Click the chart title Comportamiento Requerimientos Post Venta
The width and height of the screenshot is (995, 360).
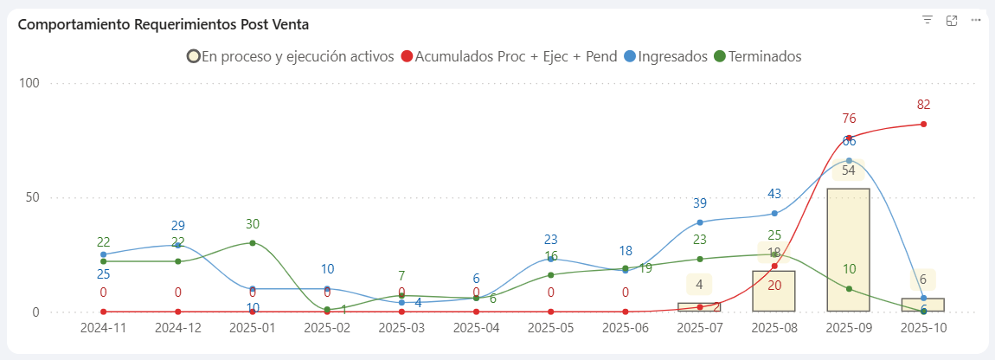(x=164, y=24)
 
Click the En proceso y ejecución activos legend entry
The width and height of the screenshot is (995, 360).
(x=291, y=56)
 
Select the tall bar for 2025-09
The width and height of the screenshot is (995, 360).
(x=849, y=251)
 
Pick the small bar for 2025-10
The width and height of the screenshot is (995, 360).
(x=923, y=305)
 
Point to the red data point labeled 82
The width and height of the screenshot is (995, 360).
(x=923, y=124)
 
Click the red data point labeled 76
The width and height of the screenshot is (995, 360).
(x=849, y=138)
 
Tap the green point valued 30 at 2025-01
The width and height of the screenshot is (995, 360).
(x=253, y=243)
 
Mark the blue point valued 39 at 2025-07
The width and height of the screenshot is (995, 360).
(x=700, y=222)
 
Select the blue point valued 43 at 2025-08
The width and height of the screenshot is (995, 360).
(x=774, y=213)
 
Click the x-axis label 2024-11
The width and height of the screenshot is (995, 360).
(x=104, y=330)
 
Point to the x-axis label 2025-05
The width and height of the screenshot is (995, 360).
(x=551, y=330)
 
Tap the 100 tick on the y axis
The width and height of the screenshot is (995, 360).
(x=30, y=83)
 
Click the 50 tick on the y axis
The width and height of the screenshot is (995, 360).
(x=33, y=197)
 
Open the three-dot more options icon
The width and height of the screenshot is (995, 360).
(x=976, y=20)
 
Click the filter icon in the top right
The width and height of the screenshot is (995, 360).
(x=928, y=20)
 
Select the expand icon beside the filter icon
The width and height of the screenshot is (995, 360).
(x=952, y=20)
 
